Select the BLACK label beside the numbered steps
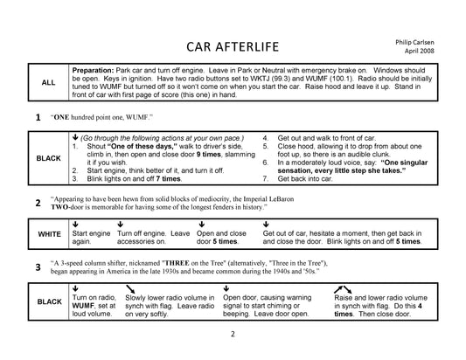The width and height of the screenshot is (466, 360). click(50, 159)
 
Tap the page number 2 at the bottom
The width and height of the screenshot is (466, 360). click(233, 334)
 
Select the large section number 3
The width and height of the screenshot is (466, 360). click(37, 267)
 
